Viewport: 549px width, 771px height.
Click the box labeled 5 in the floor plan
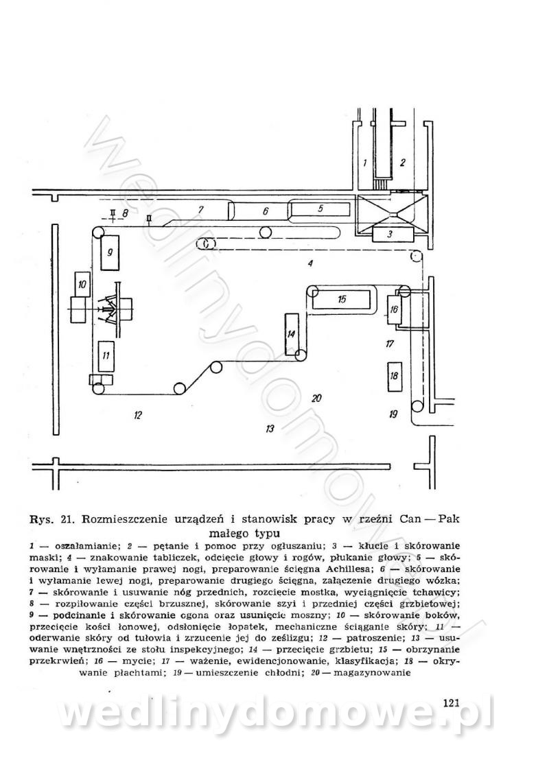[x=320, y=207]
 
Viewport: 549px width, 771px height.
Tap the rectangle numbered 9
[x=110, y=252]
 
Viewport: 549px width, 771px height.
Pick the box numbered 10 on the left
[x=82, y=284]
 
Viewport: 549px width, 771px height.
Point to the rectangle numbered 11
[x=106, y=356]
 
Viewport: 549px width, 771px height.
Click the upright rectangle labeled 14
[x=291, y=334]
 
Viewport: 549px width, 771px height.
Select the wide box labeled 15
[x=342, y=299]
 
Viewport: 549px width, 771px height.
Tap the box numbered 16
[x=394, y=309]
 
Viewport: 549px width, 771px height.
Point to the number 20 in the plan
[x=316, y=398]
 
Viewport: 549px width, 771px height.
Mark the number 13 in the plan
[x=269, y=429]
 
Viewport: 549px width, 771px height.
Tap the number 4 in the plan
[x=310, y=263]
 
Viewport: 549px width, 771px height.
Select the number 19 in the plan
[x=393, y=414]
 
